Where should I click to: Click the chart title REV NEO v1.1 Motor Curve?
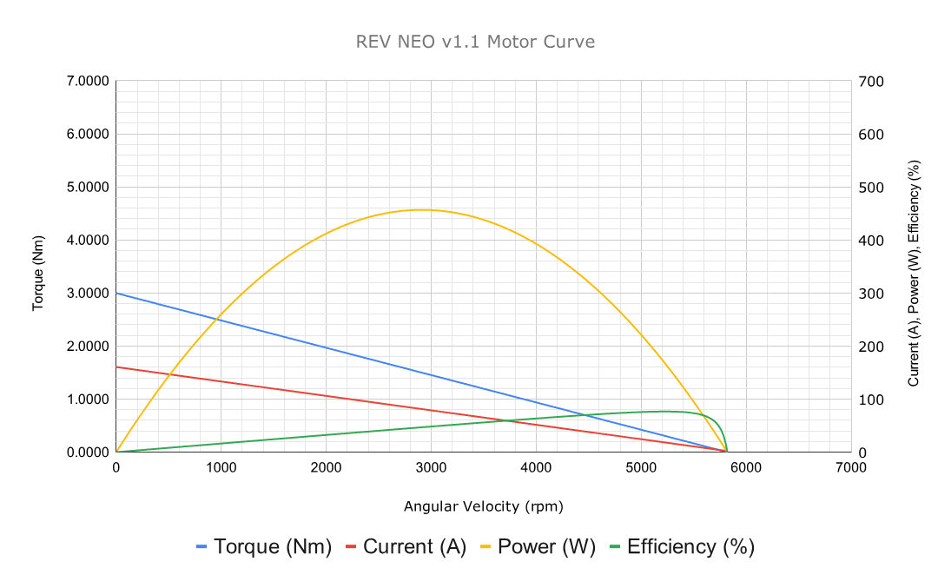click(475, 42)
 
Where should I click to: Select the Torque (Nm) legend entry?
click(264, 547)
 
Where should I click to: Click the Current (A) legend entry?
click(406, 547)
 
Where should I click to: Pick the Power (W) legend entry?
click(537, 547)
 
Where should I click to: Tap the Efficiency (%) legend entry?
click(682, 547)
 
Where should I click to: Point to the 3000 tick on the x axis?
click(431, 467)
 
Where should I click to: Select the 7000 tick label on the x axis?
click(850, 467)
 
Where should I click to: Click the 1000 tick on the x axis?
click(221, 467)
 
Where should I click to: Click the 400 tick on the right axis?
click(871, 241)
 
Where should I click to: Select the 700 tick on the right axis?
click(871, 82)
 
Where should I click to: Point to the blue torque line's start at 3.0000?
click(116, 293)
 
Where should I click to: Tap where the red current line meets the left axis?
click(116, 367)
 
